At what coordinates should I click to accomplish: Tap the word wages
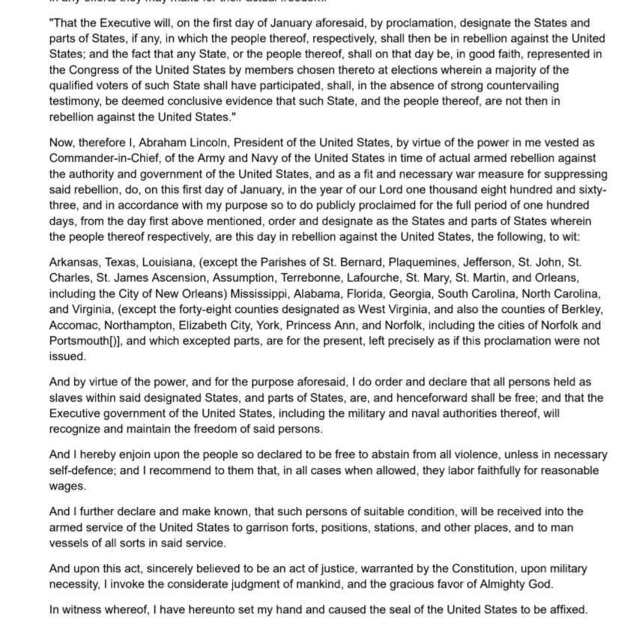tap(66, 487)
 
